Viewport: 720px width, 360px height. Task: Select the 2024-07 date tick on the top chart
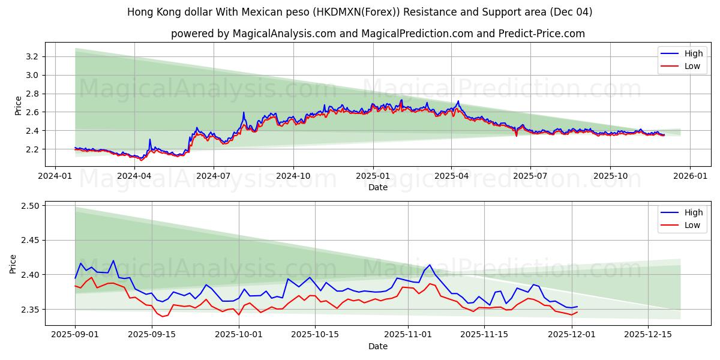click(214, 176)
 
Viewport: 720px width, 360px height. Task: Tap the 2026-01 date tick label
click(689, 176)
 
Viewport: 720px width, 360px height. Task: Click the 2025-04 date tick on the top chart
click(451, 176)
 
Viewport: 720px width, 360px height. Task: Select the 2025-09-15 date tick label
click(151, 335)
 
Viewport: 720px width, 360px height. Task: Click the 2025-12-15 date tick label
click(648, 335)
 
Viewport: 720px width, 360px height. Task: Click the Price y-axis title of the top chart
click(19, 106)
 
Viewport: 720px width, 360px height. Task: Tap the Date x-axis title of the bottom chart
click(378, 346)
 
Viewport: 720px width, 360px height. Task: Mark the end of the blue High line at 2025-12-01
click(577, 307)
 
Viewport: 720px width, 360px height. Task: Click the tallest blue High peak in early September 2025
click(113, 260)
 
